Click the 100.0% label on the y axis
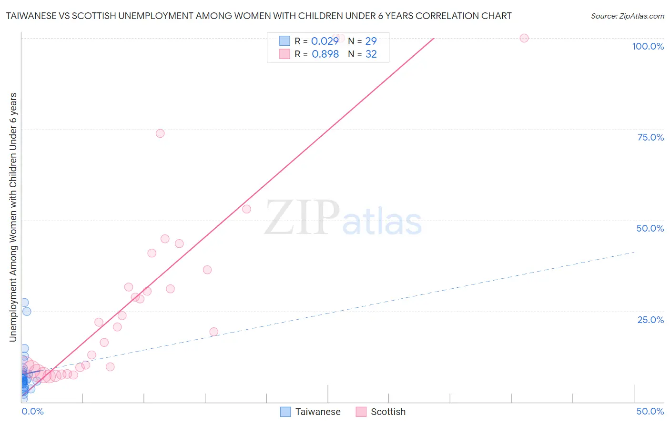648,46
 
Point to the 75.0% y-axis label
650,137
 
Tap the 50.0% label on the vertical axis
650,228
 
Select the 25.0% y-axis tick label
650,320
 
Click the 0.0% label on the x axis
33,411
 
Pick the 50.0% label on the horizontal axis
650,411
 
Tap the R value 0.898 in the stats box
325,54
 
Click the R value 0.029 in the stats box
325,41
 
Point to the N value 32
371,54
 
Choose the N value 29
371,41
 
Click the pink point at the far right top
524,38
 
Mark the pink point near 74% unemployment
160,133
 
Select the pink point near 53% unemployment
246,209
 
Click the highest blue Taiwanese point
24,303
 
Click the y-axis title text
13,217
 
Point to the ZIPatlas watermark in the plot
343,218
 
